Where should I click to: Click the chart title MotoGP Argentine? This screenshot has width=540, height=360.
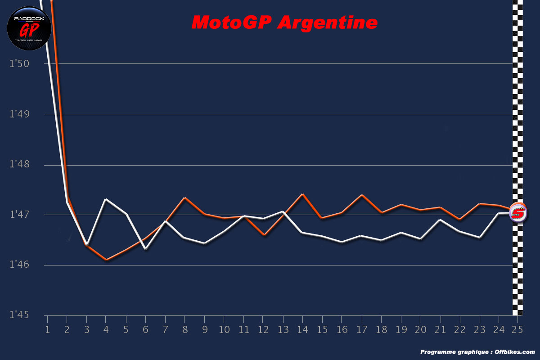(284, 22)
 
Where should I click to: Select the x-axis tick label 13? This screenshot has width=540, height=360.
(283, 329)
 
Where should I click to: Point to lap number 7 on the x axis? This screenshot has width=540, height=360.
(165, 329)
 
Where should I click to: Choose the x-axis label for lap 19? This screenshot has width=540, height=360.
(400, 329)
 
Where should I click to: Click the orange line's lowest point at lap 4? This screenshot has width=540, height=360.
(106, 260)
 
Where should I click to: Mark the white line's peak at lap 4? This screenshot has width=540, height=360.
(106, 199)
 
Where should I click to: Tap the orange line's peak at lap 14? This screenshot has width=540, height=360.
(303, 194)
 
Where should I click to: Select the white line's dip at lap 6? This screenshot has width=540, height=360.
(145, 248)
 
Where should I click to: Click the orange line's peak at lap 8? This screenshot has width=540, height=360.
(185, 198)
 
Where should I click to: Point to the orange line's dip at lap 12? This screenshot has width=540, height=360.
(264, 235)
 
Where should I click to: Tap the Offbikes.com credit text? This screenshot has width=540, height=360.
(477, 352)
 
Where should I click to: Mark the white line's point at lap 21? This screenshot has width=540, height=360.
(440, 220)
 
